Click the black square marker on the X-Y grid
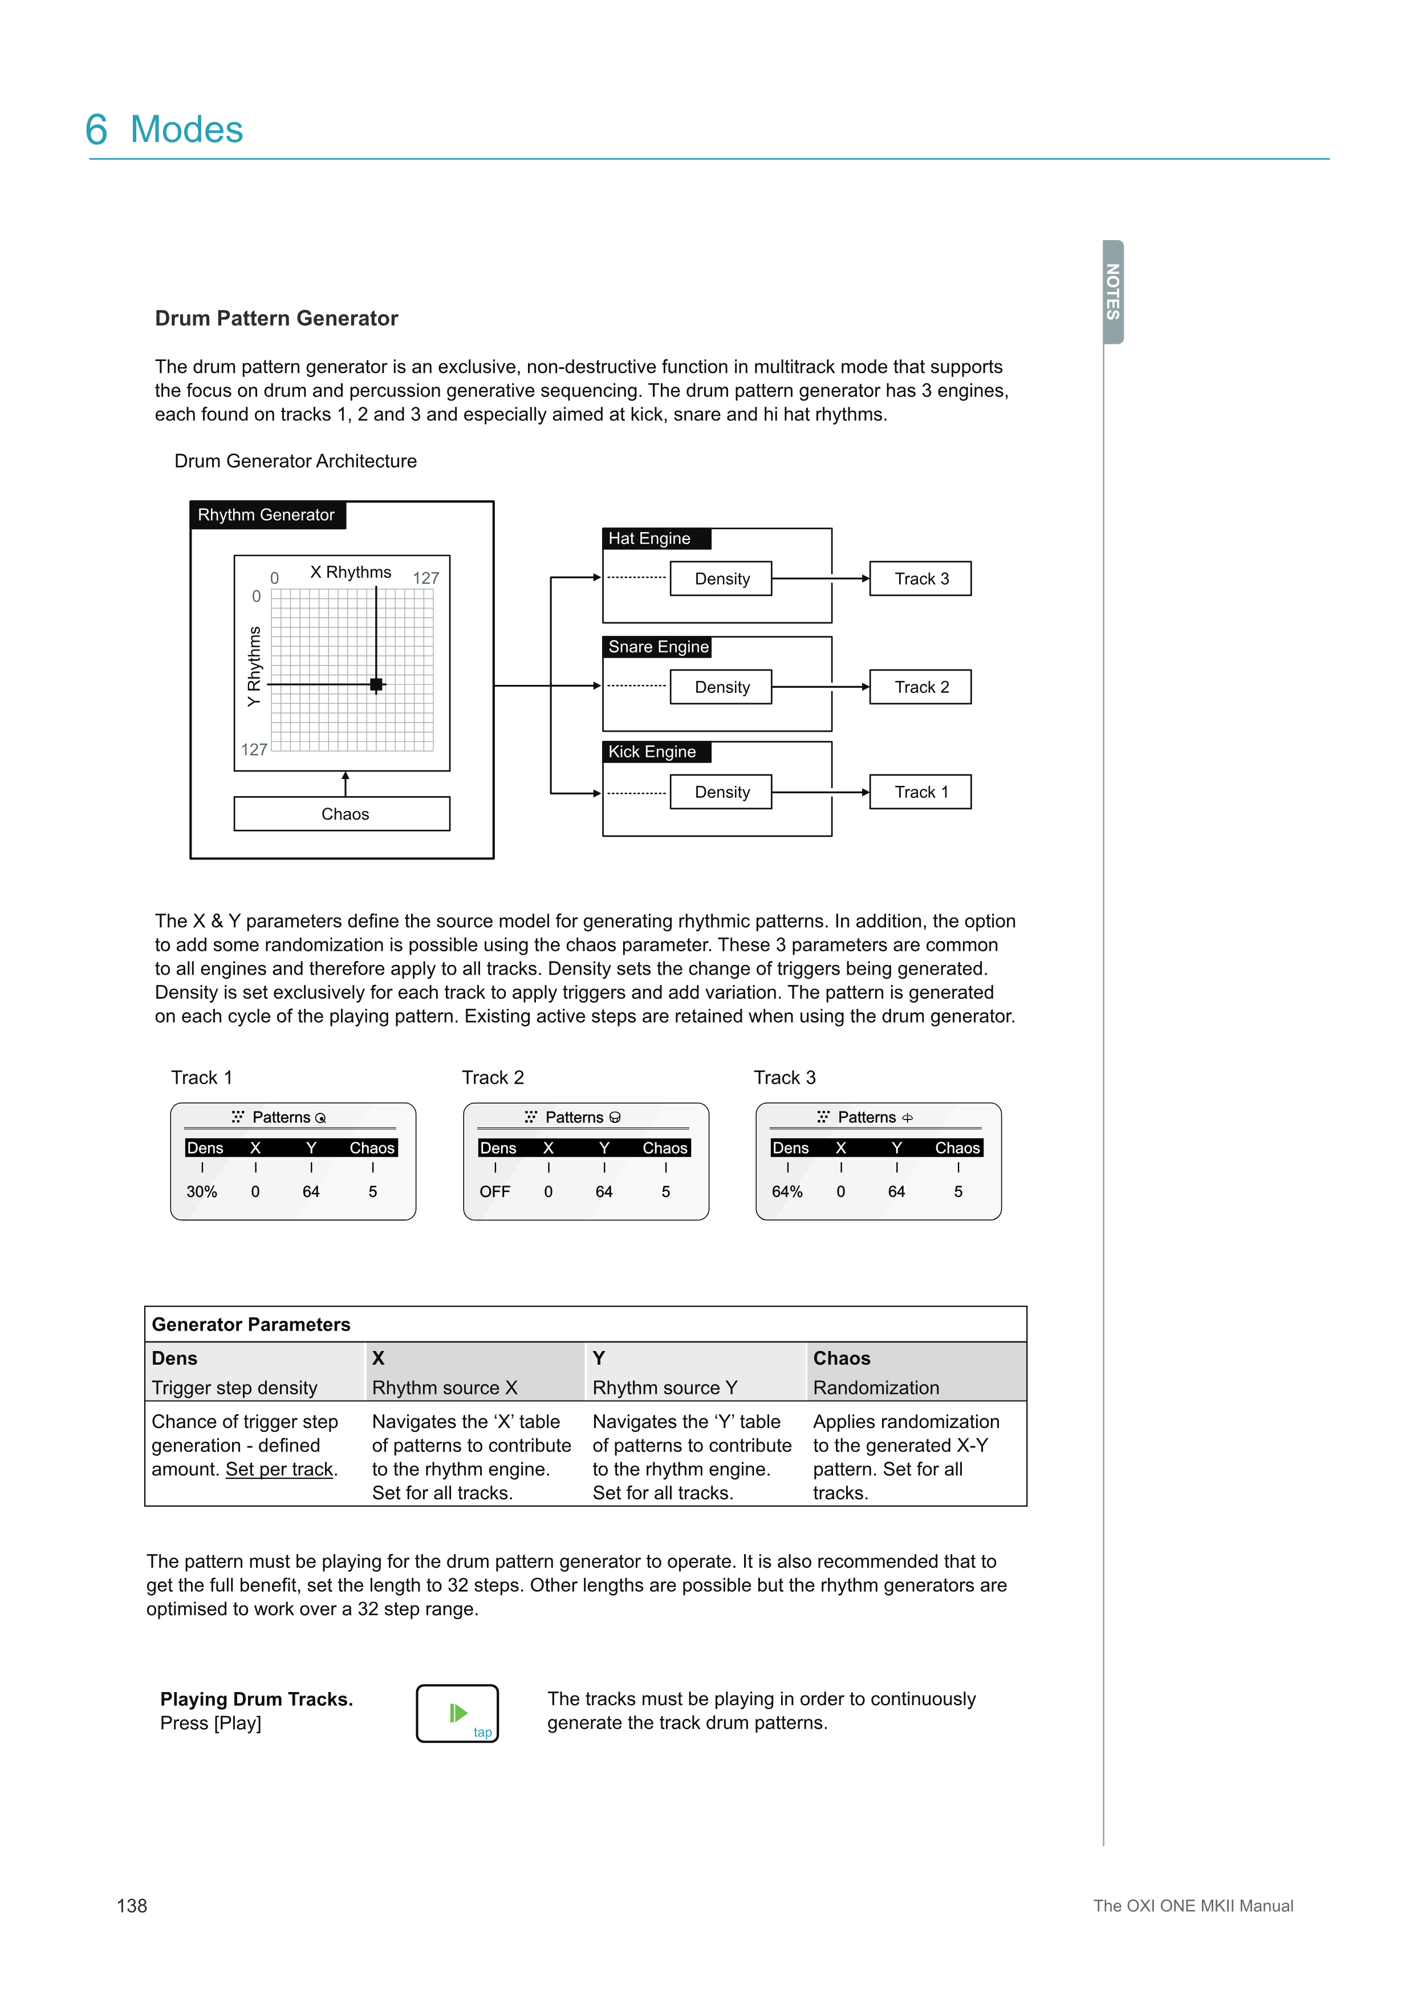pos(376,685)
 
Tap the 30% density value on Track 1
pos(201,1192)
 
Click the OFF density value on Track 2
pos(494,1192)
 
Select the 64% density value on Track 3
pos(787,1192)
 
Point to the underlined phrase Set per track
pos(279,1470)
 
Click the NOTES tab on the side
pos(1113,292)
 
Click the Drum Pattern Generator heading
pos(276,318)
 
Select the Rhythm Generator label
pos(266,515)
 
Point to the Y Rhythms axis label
pos(253,666)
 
